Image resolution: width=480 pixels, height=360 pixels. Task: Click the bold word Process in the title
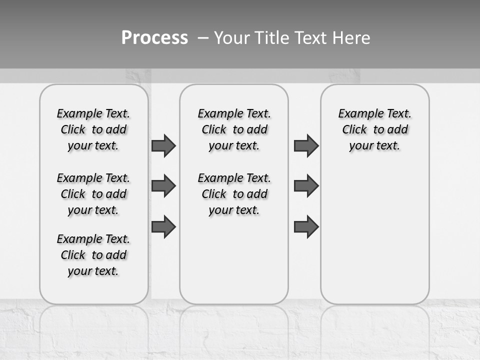[154, 38]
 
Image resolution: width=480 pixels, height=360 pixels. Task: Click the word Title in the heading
[271, 38]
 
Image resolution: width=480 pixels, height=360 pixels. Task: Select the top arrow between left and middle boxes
[163, 145]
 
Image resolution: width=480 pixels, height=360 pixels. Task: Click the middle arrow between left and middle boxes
[163, 186]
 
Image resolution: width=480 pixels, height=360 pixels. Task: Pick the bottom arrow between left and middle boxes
[163, 226]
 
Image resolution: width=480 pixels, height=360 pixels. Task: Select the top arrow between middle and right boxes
[306, 145]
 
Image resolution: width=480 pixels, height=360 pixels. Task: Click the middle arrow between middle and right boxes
[306, 186]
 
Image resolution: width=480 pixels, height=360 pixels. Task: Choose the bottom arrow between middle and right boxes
[306, 226]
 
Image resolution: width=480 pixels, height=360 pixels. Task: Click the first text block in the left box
[93, 129]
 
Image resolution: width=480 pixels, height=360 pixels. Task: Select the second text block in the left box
[93, 194]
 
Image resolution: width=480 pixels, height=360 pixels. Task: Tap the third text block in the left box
[93, 255]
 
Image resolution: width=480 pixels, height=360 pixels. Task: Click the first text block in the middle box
[234, 129]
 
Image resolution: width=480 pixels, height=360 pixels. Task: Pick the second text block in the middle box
[234, 194]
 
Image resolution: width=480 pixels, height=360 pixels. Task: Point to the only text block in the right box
[374, 129]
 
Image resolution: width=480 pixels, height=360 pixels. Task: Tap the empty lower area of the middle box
[234, 260]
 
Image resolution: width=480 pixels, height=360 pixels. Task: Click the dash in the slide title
[203, 38]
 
